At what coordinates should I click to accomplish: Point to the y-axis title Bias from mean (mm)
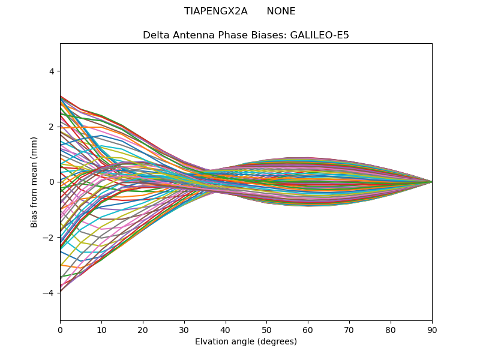click(x=35, y=181)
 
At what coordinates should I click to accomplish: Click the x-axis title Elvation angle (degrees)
click(x=246, y=342)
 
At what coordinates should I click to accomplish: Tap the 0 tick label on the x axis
click(x=60, y=329)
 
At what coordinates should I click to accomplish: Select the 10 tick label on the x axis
click(x=101, y=329)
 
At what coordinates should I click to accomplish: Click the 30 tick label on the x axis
click(x=184, y=329)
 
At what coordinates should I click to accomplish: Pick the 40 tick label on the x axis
click(x=226, y=329)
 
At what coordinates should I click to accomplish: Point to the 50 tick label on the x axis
click(x=266, y=329)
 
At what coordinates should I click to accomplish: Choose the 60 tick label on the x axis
click(x=308, y=329)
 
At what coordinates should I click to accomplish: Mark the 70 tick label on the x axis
click(x=349, y=329)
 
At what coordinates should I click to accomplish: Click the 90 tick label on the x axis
click(x=432, y=329)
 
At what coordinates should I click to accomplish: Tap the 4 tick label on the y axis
click(x=52, y=71)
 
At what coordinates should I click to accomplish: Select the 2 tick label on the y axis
click(x=52, y=127)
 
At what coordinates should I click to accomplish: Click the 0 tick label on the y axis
click(x=52, y=182)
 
